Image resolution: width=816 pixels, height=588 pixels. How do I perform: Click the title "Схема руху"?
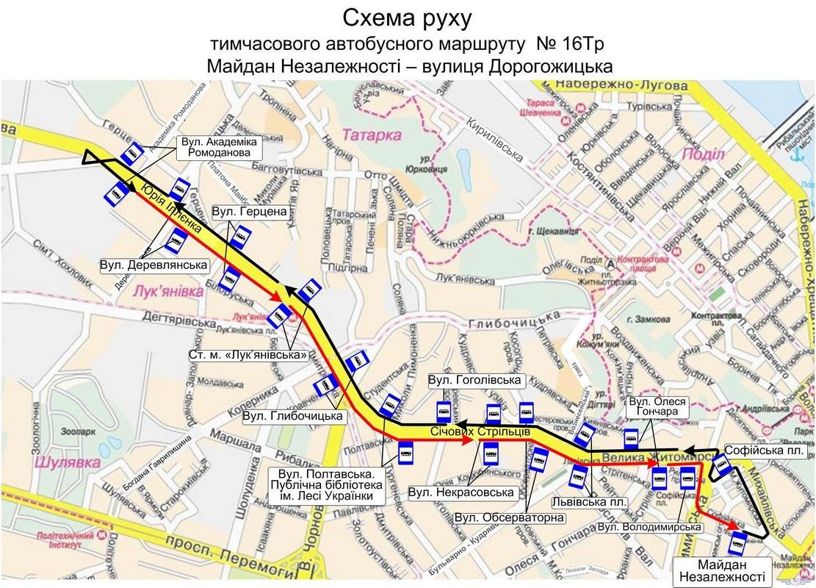pyautogui.click(x=408, y=16)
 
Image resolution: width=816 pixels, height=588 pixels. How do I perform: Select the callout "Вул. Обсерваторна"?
pyautogui.click(x=509, y=517)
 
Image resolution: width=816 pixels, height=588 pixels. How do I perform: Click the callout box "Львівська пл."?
pyautogui.click(x=592, y=502)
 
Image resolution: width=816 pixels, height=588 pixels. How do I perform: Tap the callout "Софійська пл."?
pyautogui.click(x=764, y=450)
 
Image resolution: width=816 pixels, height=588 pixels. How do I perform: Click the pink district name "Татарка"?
pyautogui.click(x=372, y=135)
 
